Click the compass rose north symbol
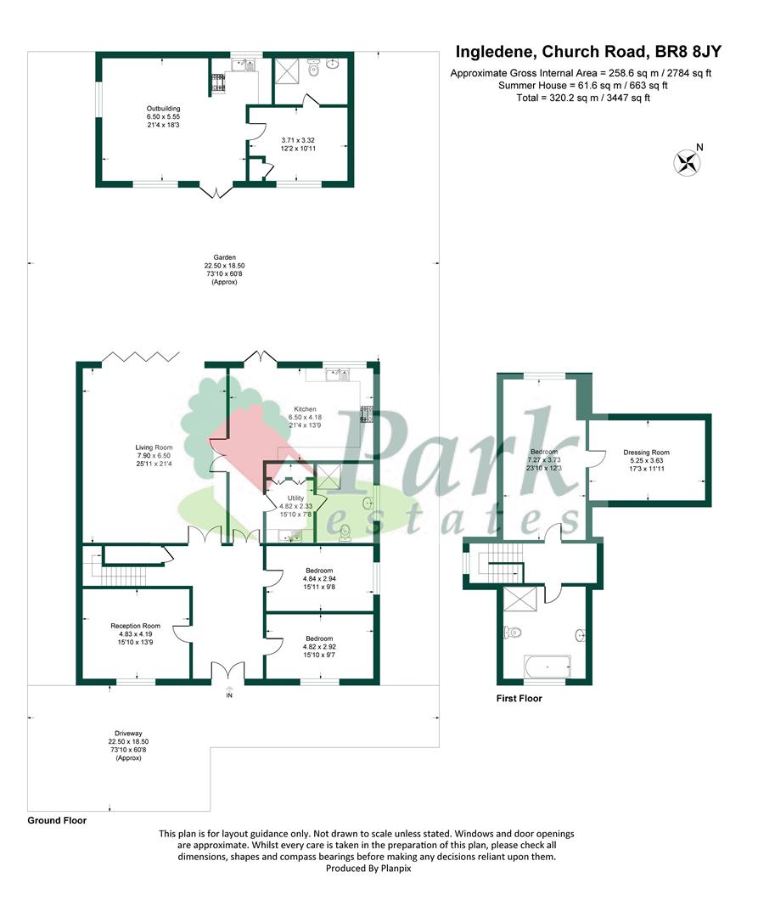(688, 162)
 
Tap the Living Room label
(154, 447)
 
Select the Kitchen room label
(305, 409)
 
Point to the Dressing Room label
(646, 452)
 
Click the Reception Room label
(135, 626)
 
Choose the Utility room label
(295, 498)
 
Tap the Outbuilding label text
(163, 108)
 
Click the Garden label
(224, 257)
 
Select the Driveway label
(128, 734)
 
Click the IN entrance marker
(229, 695)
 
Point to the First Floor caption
(519, 698)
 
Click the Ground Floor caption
(57, 820)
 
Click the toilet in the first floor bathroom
(512, 633)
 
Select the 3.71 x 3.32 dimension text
(298, 140)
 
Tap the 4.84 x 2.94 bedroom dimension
(319, 579)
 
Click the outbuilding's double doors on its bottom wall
(216, 192)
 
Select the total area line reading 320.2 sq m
(583, 98)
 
